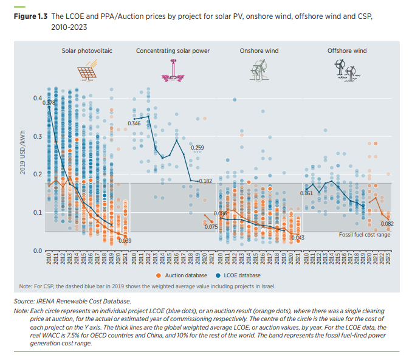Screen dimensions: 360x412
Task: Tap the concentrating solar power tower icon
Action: [x=173, y=72]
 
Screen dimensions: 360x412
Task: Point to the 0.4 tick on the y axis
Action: [x=37, y=98]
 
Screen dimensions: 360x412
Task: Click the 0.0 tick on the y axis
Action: [x=37, y=251]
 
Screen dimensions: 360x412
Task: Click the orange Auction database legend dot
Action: [x=161, y=275]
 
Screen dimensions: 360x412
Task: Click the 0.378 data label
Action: [x=49, y=103]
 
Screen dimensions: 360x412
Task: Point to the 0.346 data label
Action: [x=134, y=123]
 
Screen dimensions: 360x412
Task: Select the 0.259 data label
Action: [x=197, y=148]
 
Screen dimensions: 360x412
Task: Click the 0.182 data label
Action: [x=205, y=181]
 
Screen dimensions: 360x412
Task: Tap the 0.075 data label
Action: [x=211, y=227]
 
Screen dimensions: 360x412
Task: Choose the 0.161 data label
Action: [x=306, y=193]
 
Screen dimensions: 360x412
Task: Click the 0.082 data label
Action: [x=387, y=224]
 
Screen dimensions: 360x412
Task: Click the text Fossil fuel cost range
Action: [x=364, y=234]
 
